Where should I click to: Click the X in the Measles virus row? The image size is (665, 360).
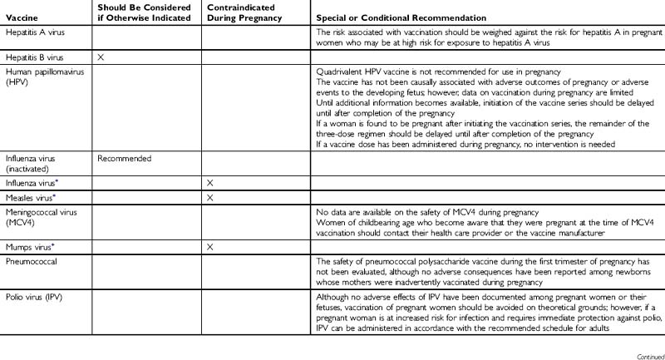209,198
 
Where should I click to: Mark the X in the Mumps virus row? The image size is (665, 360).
209,247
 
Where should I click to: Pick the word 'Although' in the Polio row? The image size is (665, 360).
332,297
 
